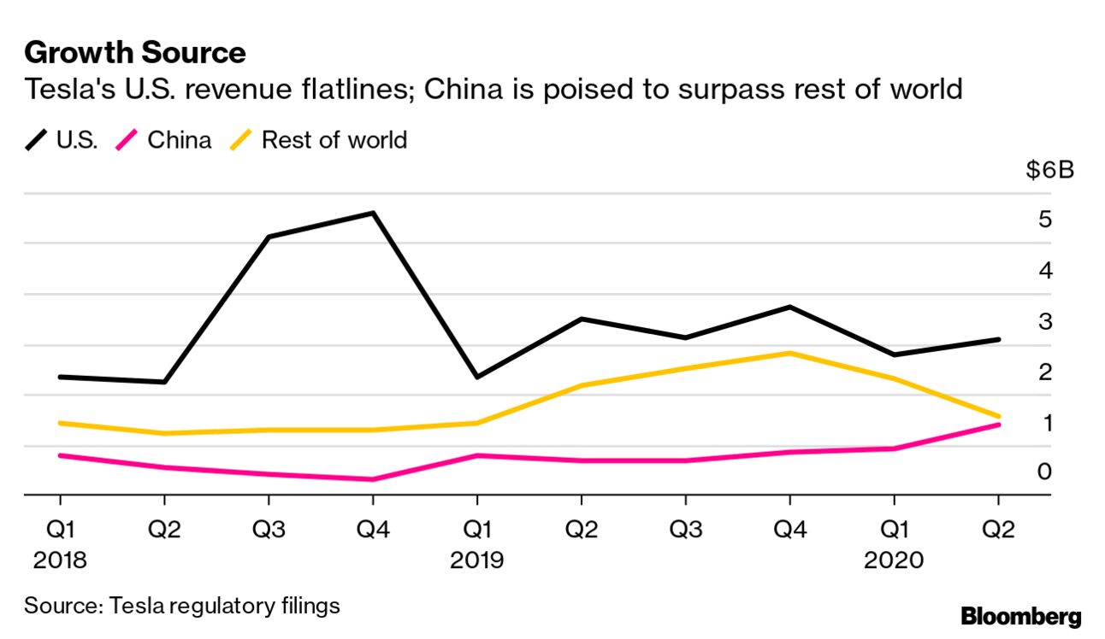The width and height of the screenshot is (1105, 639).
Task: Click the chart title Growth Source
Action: (135, 53)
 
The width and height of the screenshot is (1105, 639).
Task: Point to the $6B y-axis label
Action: (1049, 170)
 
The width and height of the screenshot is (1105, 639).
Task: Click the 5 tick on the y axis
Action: (1045, 220)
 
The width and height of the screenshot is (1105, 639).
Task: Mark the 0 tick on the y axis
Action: (1045, 472)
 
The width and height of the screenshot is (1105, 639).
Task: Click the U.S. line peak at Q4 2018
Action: (373, 213)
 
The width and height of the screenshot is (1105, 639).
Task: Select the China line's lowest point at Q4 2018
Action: (373, 479)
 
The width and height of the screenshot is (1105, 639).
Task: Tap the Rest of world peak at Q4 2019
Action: (789, 353)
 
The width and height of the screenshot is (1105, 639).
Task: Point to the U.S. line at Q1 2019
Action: (477, 377)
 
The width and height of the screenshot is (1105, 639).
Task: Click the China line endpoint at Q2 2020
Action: (997, 425)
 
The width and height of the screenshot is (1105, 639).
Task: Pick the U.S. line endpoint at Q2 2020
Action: (997, 339)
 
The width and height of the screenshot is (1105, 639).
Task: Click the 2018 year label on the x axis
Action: (60, 560)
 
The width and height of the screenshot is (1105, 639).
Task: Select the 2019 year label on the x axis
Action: (477, 560)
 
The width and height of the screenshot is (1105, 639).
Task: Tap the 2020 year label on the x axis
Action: (894, 560)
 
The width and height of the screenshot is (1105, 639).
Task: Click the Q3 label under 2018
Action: (269, 530)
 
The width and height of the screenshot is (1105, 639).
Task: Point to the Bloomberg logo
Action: (1021, 616)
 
